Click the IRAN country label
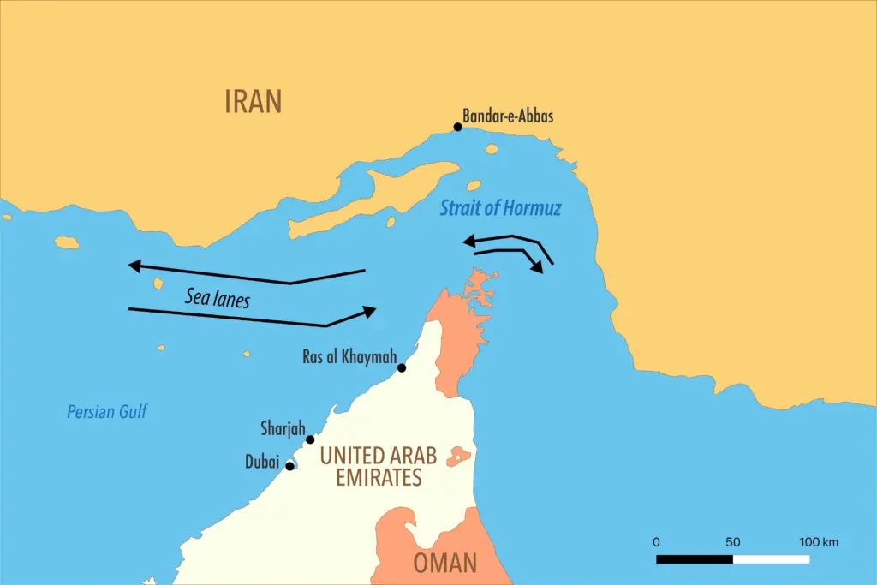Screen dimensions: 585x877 pyautogui.click(x=253, y=101)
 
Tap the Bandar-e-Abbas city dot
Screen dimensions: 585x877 pyautogui.click(x=458, y=127)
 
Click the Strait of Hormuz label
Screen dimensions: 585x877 pyautogui.click(x=500, y=207)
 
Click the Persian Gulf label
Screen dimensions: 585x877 pyautogui.click(x=107, y=412)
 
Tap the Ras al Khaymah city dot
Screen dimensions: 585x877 pyautogui.click(x=402, y=367)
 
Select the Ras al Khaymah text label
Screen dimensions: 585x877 pyautogui.click(x=349, y=355)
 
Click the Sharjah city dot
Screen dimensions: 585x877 pyautogui.click(x=310, y=439)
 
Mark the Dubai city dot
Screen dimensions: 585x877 pyautogui.click(x=290, y=466)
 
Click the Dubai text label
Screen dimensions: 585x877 pyautogui.click(x=262, y=463)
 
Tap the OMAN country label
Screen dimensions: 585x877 pyautogui.click(x=444, y=563)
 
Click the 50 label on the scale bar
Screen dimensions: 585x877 pyautogui.click(x=732, y=542)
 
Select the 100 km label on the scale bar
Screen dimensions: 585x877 pyautogui.click(x=819, y=542)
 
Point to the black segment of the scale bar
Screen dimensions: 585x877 pyautogui.click(x=695, y=559)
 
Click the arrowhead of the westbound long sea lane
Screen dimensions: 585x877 pyautogui.click(x=134, y=266)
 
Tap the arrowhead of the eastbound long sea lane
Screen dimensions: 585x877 pyautogui.click(x=370, y=311)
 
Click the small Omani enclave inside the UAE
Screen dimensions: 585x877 pyautogui.click(x=457, y=456)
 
